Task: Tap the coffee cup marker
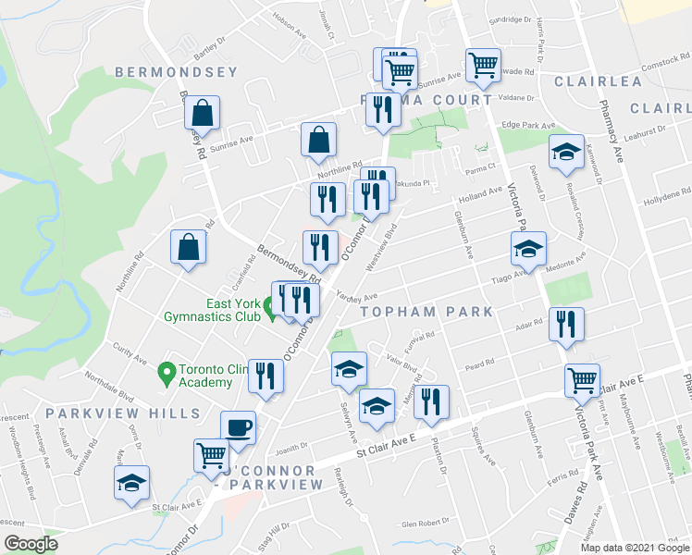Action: point(239,428)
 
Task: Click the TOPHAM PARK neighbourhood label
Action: point(426,312)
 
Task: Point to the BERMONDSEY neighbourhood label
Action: point(176,71)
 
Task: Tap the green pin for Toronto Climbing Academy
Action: point(167,375)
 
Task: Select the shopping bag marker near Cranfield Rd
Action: point(188,248)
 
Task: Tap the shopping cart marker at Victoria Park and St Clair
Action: point(582,380)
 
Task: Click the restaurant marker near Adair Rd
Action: point(565,324)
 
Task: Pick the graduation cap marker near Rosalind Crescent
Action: point(566,153)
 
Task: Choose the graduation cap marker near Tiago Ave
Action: point(528,249)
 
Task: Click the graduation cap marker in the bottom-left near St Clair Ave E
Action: point(131,484)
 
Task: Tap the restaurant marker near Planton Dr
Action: point(431,402)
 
